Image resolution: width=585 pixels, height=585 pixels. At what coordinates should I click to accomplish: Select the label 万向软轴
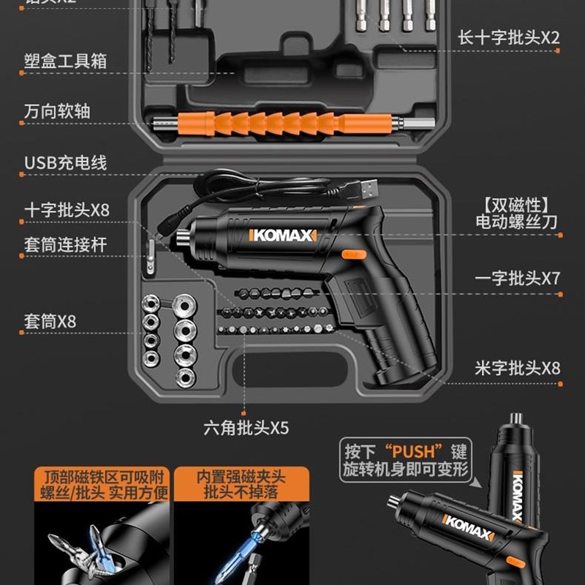pyautogui.click(x=57, y=111)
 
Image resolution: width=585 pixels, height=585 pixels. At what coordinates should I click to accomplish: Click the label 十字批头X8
pyautogui.click(x=66, y=210)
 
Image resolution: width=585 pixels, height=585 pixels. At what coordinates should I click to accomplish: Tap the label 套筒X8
pyautogui.click(x=50, y=321)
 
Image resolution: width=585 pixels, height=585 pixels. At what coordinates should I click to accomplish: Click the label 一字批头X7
pyautogui.click(x=517, y=279)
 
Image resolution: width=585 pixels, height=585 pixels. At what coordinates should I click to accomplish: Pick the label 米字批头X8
pyautogui.click(x=517, y=367)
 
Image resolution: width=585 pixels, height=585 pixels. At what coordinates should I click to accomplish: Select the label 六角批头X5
pyautogui.click(x=246, y=427)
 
